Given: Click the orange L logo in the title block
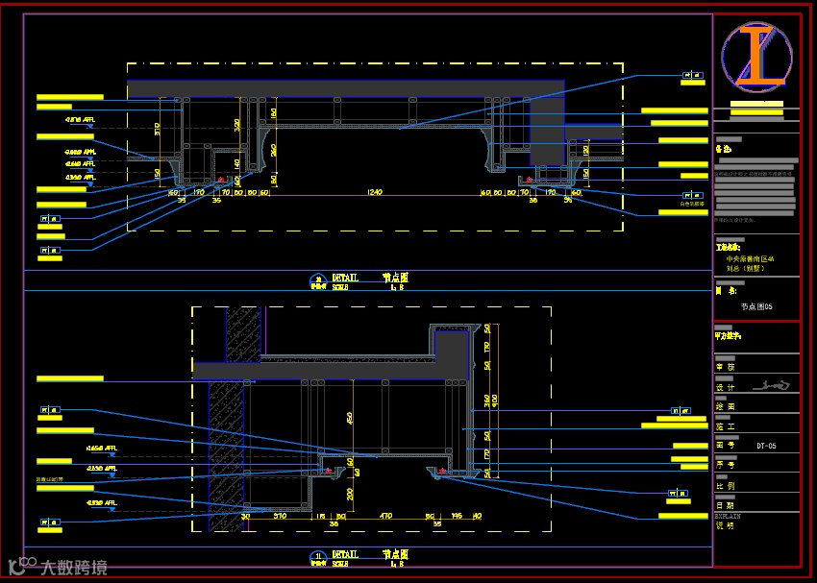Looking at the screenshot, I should [756, 56].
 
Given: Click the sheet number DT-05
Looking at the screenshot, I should [765, 446].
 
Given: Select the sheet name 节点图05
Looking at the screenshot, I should [756, 307].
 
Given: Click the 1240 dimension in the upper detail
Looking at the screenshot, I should [374, 192].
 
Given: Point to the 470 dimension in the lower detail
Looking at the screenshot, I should [385, 516].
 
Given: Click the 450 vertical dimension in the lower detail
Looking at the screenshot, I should [350, 417].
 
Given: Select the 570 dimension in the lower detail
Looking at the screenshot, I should [280, 516].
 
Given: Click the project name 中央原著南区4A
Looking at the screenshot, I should [751, 259].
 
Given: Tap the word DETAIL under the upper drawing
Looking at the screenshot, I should [345, 278].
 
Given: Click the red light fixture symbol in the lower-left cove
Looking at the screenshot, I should [329, 471].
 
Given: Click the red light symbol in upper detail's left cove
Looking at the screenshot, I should [221, 180].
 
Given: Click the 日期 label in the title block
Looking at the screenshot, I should [724, 505].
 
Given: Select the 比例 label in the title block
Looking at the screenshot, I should [724, 486].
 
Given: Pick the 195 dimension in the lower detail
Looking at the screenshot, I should [457, 516].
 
